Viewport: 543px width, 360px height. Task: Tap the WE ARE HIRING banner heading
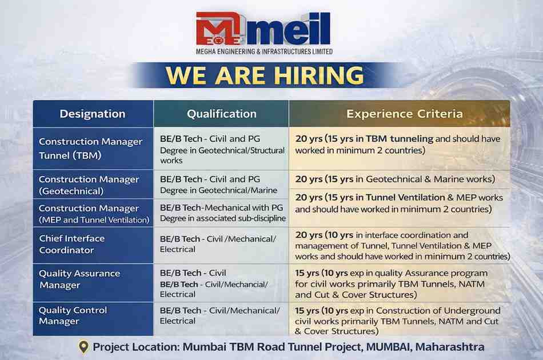click(x=265, y=76)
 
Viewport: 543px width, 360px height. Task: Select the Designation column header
click(x=92, y=114)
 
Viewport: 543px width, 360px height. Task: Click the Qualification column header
click(x=222, y=114)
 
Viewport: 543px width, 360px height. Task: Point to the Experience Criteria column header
click(x=404, y=114)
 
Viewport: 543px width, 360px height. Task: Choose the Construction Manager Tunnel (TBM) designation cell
click(x=90, y=148)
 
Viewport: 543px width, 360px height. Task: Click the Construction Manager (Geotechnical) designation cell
click(x=89, y=185)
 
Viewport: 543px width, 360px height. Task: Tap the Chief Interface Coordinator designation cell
click(x=72, y=244)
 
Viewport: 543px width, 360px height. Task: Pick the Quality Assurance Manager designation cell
click(x=79, y=279)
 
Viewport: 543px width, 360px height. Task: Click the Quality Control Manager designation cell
click(x=73, y=315)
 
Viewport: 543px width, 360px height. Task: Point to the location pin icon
click(x=83, y=347)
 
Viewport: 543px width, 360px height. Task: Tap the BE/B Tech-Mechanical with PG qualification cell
click(x=222, y=213)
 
